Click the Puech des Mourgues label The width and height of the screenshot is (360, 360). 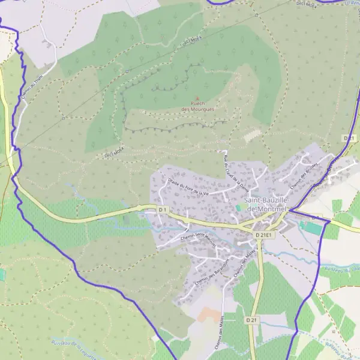(x=198, y=107)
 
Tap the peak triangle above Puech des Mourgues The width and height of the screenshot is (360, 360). (x=198, y=99)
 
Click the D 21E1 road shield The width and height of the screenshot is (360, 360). (x=264, y=235)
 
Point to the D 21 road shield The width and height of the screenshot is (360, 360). (x=251, y=321)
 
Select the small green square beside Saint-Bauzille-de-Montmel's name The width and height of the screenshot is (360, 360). (x=239, y=208)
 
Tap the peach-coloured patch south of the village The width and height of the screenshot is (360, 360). (x=210, y=314)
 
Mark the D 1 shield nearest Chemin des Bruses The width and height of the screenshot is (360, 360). (x=349, y=138)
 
